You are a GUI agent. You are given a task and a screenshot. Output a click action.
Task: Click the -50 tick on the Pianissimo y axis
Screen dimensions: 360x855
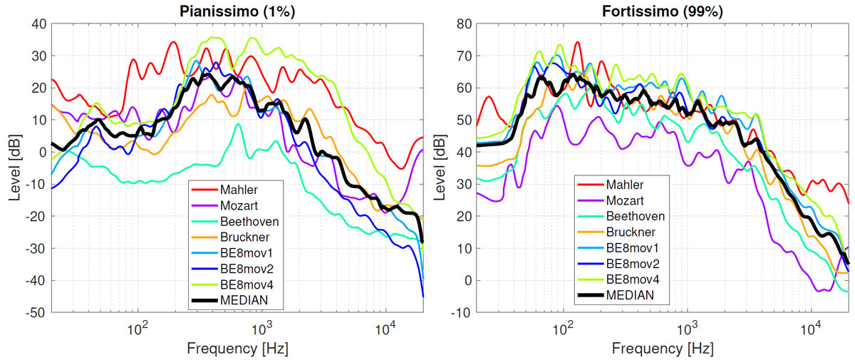point(37,313)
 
